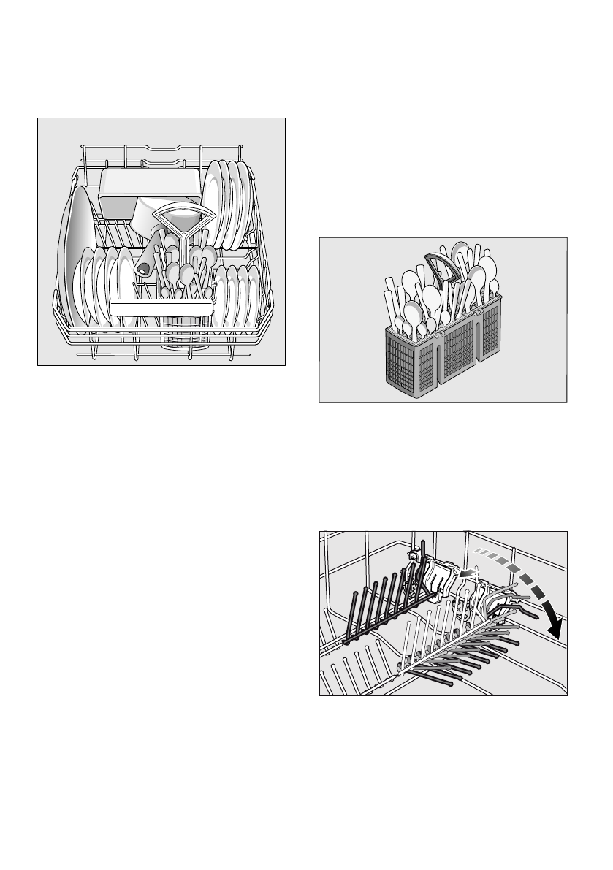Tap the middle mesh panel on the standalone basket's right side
pyautogui.click(x=459, y=343)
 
